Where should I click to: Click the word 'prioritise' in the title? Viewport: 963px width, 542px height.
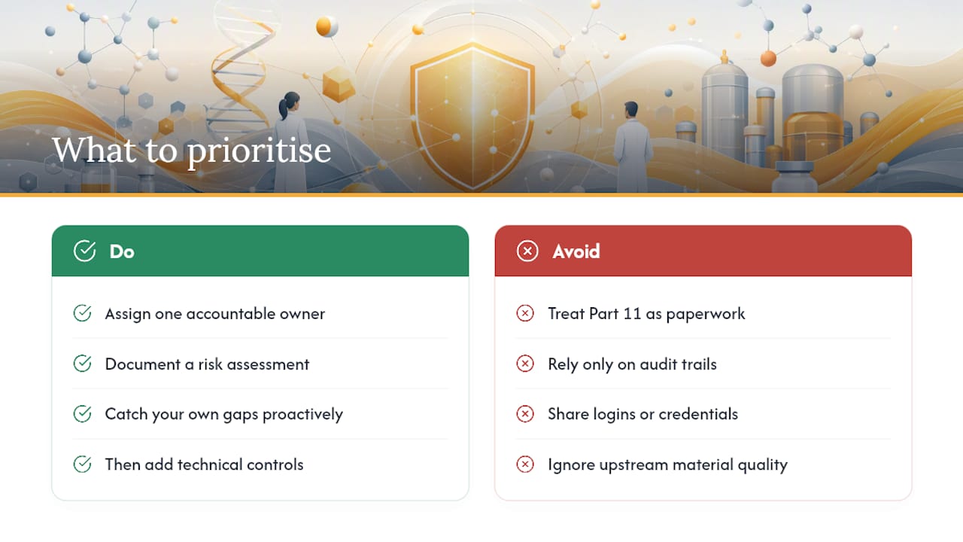260,151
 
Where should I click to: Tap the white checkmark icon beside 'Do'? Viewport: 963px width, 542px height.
85,251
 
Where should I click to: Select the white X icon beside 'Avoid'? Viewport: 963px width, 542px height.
527,251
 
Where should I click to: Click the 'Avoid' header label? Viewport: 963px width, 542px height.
576,251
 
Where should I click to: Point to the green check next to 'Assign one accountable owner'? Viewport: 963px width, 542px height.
82,313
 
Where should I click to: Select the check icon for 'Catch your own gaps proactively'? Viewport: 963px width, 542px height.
82,414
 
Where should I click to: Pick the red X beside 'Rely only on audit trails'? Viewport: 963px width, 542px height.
525,364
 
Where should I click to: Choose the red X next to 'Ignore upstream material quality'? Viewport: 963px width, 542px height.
525,464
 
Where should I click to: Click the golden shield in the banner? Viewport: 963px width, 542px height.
472,116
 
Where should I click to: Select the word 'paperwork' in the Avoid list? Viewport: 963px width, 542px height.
706,315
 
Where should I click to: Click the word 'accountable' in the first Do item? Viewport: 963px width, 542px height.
230,314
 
